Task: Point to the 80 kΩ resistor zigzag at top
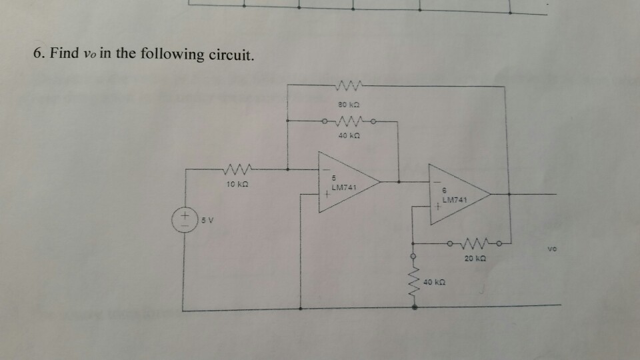pyautogui.click(x=349, y=86)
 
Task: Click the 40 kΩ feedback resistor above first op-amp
pyautogui.click(x=349, y=121)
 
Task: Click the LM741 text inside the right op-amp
pyautogui.click(x=455, y=199)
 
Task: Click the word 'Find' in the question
pyautogui.click(x=65, y=53)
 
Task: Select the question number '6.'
pyautogui.click(x=38, y=53)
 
